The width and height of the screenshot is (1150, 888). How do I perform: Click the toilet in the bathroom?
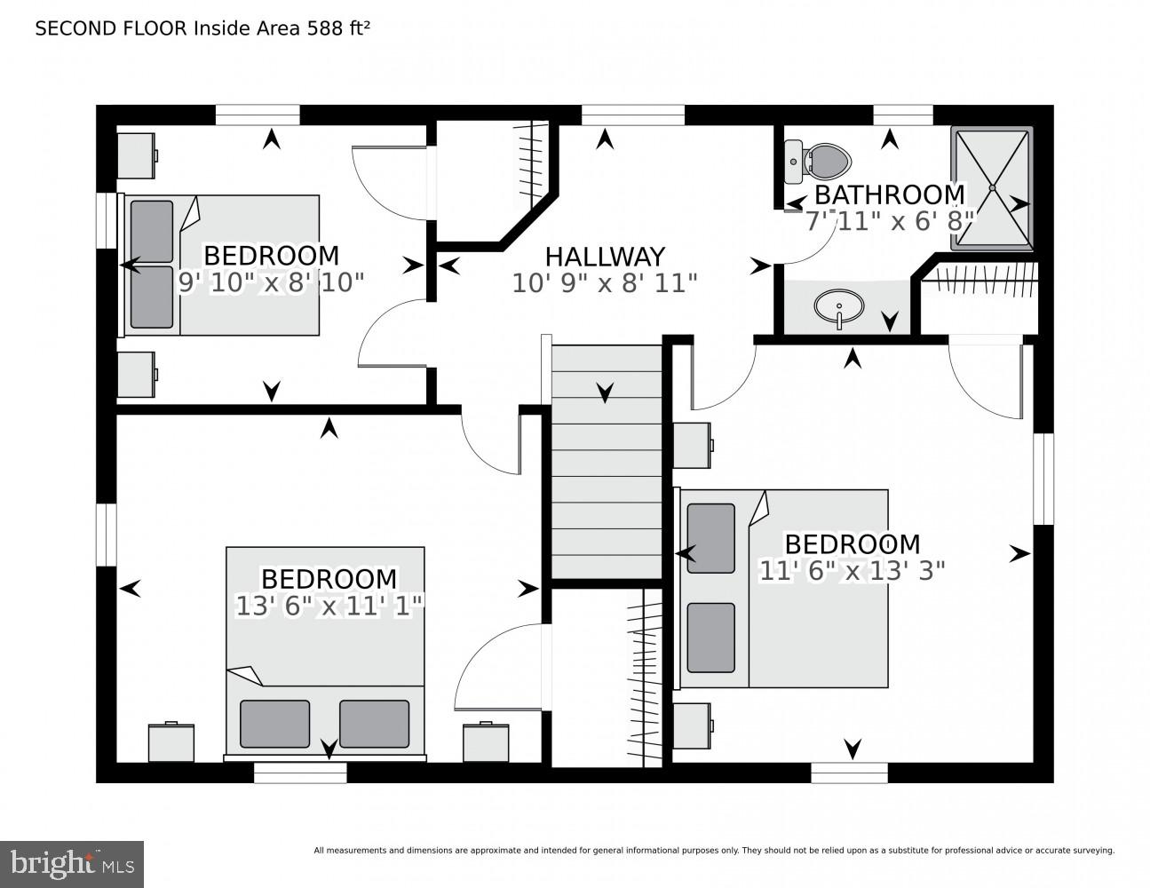pos(819,160)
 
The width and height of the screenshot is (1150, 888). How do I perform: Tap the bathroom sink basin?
pos(838,307)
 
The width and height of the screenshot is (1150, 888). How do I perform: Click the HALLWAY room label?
pos(604,257)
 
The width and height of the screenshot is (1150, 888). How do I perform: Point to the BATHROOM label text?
pos(889,194)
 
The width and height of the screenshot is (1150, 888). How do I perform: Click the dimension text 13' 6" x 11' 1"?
pos(329,606)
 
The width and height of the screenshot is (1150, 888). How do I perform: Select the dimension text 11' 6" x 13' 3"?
pos(852,570)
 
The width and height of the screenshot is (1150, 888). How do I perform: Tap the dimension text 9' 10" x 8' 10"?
pos(272,282)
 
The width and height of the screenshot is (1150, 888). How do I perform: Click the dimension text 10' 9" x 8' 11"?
pos(604,283)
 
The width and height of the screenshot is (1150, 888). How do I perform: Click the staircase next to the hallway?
pos(607,462)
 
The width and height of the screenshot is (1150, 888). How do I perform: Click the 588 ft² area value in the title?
pos(338,28)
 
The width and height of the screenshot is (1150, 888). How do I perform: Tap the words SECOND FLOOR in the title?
pos(111,28)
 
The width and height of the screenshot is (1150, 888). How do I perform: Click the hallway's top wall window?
pos(632,115)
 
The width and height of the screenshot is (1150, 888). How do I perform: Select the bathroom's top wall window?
pos(902,115)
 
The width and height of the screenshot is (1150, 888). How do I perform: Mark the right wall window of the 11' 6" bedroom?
pos(1043,479)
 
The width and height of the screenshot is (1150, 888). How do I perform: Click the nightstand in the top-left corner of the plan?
pos(138,155)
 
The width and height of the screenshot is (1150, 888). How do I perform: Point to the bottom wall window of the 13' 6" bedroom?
pos(299,773)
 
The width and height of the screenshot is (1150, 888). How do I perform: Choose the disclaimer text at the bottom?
pos(713,851)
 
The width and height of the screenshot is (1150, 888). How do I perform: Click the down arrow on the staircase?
pos(606,392)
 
